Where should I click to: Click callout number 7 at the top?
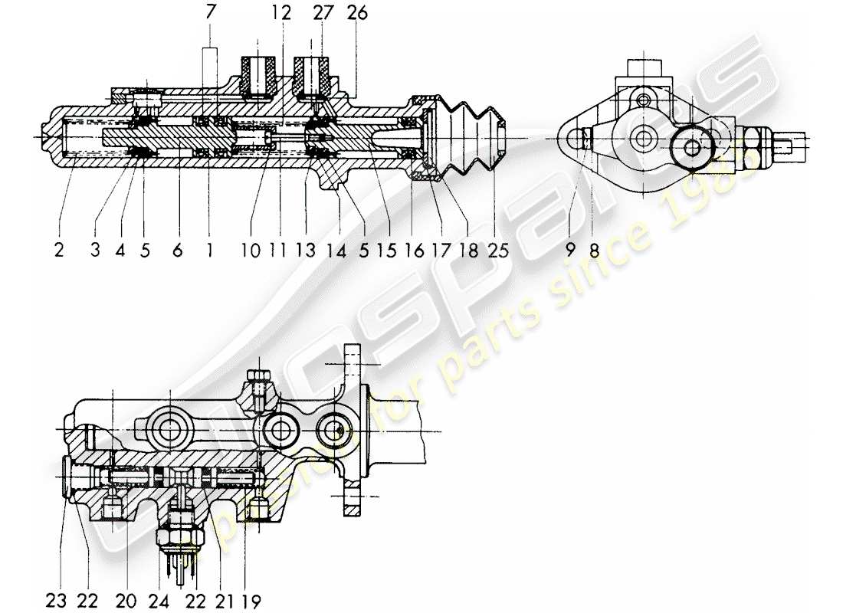pyautogui.click(x=210, y=13)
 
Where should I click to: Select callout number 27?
pyautogui.click(x=323, y=13)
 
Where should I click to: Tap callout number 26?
pyautogui.click(x=356, y=13)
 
